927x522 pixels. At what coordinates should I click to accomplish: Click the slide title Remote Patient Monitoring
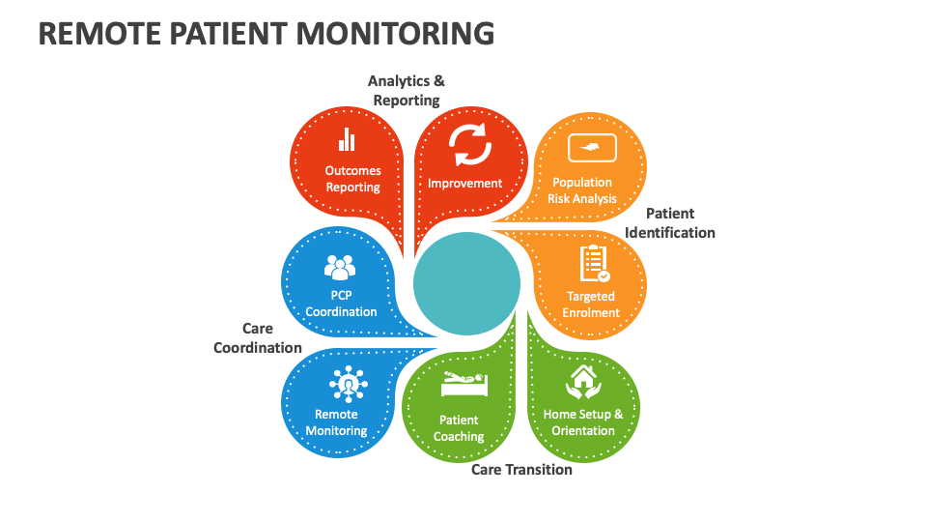[267, 33]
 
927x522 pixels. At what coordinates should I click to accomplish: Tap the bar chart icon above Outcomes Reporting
[347, 140]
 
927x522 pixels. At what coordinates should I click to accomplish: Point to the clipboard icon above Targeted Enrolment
[594, 263]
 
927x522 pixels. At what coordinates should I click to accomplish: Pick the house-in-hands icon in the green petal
[582, 381]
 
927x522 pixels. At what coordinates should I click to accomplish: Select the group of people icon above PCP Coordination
[340, 267]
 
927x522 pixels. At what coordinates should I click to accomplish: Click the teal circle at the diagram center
[466, 283]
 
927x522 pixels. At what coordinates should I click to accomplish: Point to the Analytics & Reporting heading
[407, 91]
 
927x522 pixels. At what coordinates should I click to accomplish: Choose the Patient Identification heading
[670, 223]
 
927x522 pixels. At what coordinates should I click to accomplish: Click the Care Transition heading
[521, 470]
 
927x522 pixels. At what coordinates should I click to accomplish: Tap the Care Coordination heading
[257, 338]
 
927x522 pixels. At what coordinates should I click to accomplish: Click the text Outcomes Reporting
[352, 179]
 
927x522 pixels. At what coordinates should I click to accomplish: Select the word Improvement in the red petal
[465, 183]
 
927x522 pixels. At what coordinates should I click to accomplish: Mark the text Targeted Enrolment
[591, 304]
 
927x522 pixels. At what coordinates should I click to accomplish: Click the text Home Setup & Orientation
[583, 422]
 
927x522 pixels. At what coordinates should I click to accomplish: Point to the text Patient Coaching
[459, 428]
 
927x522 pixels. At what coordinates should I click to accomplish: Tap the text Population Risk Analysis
[581, 190]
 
